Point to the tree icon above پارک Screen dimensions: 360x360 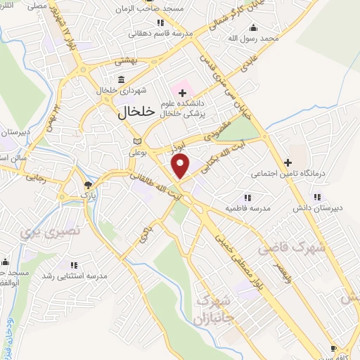coord(88,186)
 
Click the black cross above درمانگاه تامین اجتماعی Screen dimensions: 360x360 coord(288,162)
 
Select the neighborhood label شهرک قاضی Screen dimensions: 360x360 coord(292,247)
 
